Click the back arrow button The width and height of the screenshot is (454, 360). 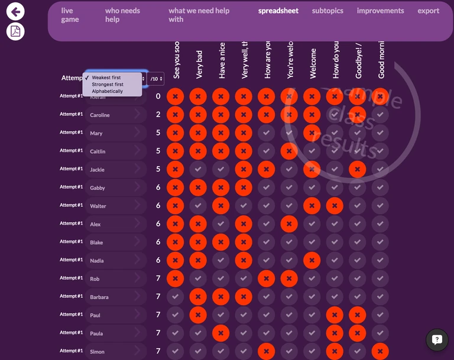point(15,11)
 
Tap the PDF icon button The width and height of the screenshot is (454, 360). point(15,31)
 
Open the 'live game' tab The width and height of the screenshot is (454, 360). point(70,15)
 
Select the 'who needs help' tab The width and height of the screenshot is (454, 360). point(122,15)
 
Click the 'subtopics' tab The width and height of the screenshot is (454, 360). point(327,11)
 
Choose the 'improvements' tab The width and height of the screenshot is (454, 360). point(380,11)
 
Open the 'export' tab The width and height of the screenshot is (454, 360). point(428,11)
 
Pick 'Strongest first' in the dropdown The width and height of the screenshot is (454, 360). point(108,85)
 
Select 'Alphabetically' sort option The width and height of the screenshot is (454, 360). point(107,92)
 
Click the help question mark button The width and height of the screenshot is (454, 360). point(437,339)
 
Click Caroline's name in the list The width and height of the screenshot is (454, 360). point(100,115)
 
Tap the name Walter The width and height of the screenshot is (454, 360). point(98,206)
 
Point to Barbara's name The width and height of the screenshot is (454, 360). point(99,297)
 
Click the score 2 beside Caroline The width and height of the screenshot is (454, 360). point(158,115)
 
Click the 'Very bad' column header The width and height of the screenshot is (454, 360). point(200,65)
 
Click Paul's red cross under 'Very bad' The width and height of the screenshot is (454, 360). point(199,315)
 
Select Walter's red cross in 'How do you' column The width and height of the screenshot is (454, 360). point(335,206)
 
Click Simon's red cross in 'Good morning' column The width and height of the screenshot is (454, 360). point(381,351)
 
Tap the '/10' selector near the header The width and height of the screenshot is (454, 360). point(155,78)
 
